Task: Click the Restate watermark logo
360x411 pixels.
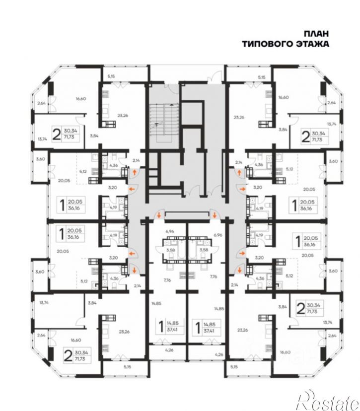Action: coord(330,398)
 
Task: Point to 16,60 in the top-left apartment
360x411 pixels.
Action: coord(81,98)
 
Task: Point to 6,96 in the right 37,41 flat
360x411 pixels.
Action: coord(217,232)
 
